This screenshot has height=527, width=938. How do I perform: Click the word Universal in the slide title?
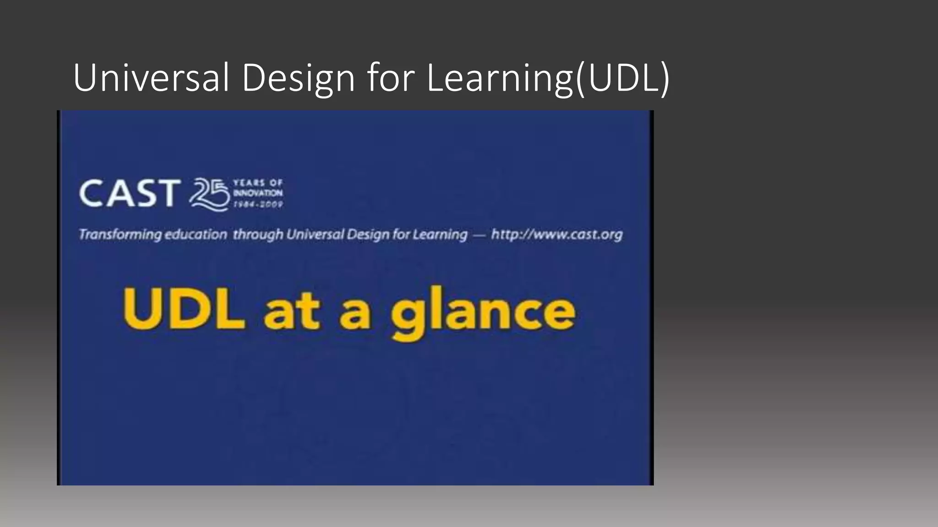[151, 78]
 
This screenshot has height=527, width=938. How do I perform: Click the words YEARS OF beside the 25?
[258, 183]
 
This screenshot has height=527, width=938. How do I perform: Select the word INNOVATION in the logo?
[258, 194]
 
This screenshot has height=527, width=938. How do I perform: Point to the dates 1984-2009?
[258, 204]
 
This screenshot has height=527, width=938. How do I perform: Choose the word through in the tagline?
[258, 235]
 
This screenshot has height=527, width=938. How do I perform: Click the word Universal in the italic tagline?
[316, 235]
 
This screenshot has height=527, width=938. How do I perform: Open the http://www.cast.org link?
[556, 235]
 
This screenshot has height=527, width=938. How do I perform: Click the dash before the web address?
[479, 235]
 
